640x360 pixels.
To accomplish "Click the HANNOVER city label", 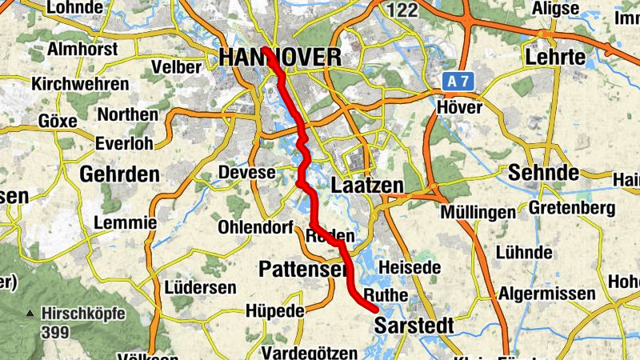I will (x=279, y=57).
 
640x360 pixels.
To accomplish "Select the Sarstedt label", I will (x=414, y=326).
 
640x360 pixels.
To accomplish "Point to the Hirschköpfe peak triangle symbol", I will (x=30, y=313).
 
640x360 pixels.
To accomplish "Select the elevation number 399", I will (x=54, y=330).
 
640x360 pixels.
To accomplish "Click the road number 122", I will (x=402, y=10).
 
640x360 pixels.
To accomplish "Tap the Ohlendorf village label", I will (x=255, y=226).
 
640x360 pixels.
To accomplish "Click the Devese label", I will (x=246, y=172).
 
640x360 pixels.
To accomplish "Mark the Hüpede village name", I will (x=274, y=310).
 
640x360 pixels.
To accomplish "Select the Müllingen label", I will (x=478, y=213).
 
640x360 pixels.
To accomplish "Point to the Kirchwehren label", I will (x=79, y=84).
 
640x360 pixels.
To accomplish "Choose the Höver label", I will (x=461, y=106).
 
